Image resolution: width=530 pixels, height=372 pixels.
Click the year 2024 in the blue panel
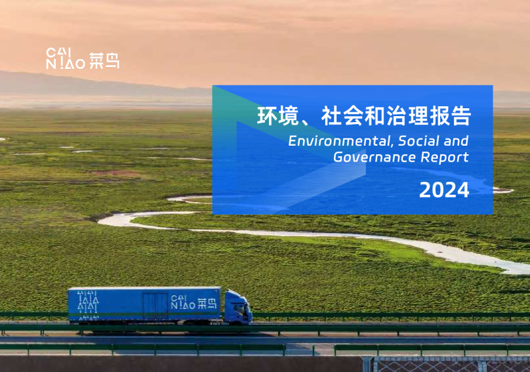[444, 190]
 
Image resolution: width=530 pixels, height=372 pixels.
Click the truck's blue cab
[237, 307]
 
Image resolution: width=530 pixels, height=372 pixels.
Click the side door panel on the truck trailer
[156, 306]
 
